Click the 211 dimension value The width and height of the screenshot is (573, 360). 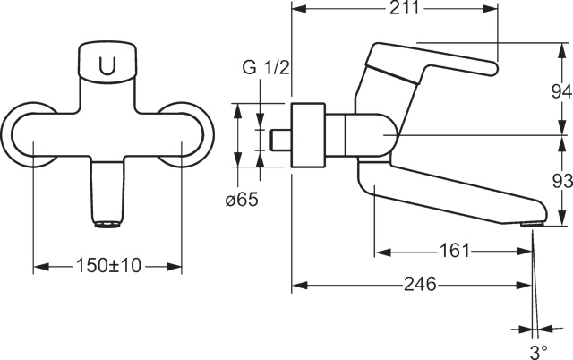coord(404,8)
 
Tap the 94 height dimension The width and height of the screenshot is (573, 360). coord(561,91)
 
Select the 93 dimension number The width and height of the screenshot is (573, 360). coord(562,181)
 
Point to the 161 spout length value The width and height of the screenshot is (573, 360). coord(454,251)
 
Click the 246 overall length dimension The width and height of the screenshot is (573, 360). coord(420,284)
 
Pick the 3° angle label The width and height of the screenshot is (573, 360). coord(539,352)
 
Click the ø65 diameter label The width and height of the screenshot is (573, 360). coord(242,200)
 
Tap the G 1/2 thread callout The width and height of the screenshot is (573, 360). coord(266,68)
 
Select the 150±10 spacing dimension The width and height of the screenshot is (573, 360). coord(108,266)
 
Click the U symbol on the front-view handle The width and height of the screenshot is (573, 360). coord(107,65)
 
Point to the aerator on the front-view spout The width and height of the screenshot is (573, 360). coord(107,224)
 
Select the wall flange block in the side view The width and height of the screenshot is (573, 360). coord(308,135)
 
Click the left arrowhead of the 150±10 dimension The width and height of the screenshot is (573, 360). coord(41,267)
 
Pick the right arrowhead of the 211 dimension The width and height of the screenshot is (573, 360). coord(491,9)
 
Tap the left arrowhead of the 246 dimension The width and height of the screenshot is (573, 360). coord(300,285)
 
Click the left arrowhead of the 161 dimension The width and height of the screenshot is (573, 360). coord(383,252)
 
